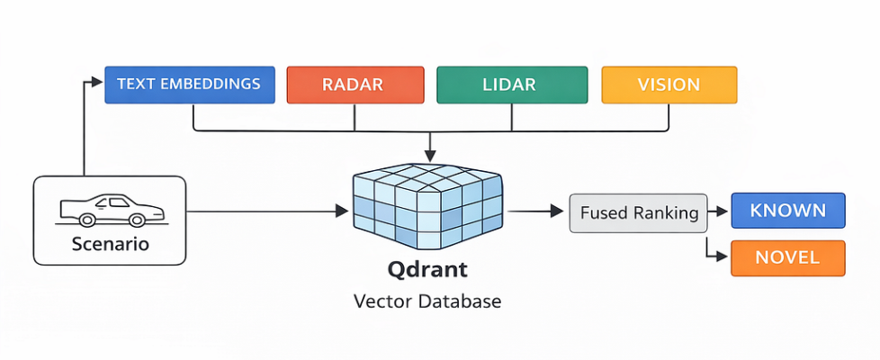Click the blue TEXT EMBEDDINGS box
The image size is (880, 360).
pyautogui.click(x=190, y=85)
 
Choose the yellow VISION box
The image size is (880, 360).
pyautogui.click(x=669, y=85)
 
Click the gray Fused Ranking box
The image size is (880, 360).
pyautogui.click(x=639, y=213)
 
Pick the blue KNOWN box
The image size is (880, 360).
pyautogui.click(x=787, y=211)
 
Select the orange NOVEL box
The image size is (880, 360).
pyautogui.click(x=787, y=257)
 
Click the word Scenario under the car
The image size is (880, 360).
pyautogui.click(x=110, y=243)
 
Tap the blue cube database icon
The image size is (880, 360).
pyautogui.click(x=427, y=208)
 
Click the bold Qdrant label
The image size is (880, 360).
pyautogui.click(x=427, y=269)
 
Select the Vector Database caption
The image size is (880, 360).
pyautogui.click(x=427, y=301)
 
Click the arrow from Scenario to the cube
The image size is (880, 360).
pyautogui.click(x=270, y=211)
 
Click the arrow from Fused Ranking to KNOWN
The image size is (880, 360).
pyautogui.click(x=719, y=212)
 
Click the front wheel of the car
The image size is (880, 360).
pyautogui.click(x=137, y=219)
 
